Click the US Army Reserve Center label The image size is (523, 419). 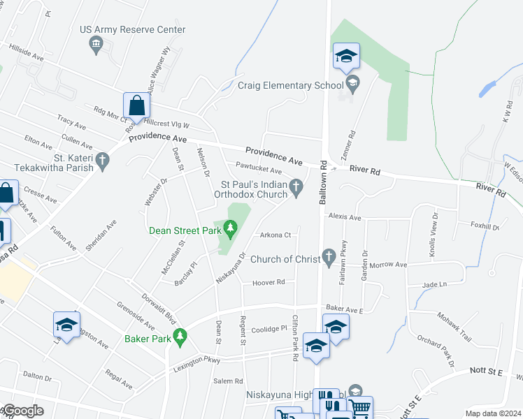click(133, 29)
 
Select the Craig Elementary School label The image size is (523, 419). click(290, 85)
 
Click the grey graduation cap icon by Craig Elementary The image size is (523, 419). click(353, 85)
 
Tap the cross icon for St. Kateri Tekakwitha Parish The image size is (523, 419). click(103, 161)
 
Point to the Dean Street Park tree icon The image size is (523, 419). click(231, 227)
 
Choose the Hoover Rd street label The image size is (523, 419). click(268, 282)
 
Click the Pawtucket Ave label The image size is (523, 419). click(259, 168)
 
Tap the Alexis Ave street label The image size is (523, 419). click(344, 218)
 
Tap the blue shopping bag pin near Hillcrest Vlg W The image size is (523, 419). click(137, 107)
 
